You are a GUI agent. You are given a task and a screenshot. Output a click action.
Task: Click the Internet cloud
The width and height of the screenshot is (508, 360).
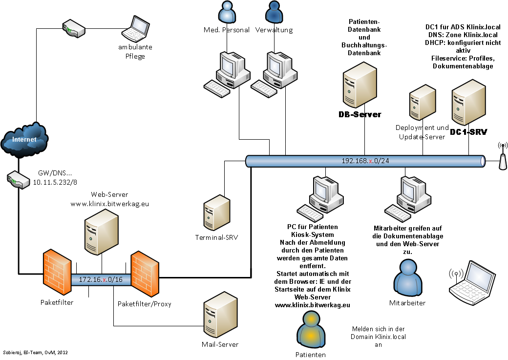[x=24, y=140]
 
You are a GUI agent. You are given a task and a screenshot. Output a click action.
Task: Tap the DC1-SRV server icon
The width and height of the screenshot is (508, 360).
[x=468, y=105]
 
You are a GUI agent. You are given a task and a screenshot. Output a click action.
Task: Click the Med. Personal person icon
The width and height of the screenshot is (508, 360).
[x=226, y=12]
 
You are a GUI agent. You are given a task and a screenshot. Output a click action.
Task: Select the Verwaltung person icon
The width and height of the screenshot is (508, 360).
[x=274, y=12]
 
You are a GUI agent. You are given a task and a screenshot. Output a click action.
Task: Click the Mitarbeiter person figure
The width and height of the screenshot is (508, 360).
[x=407, y=276]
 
